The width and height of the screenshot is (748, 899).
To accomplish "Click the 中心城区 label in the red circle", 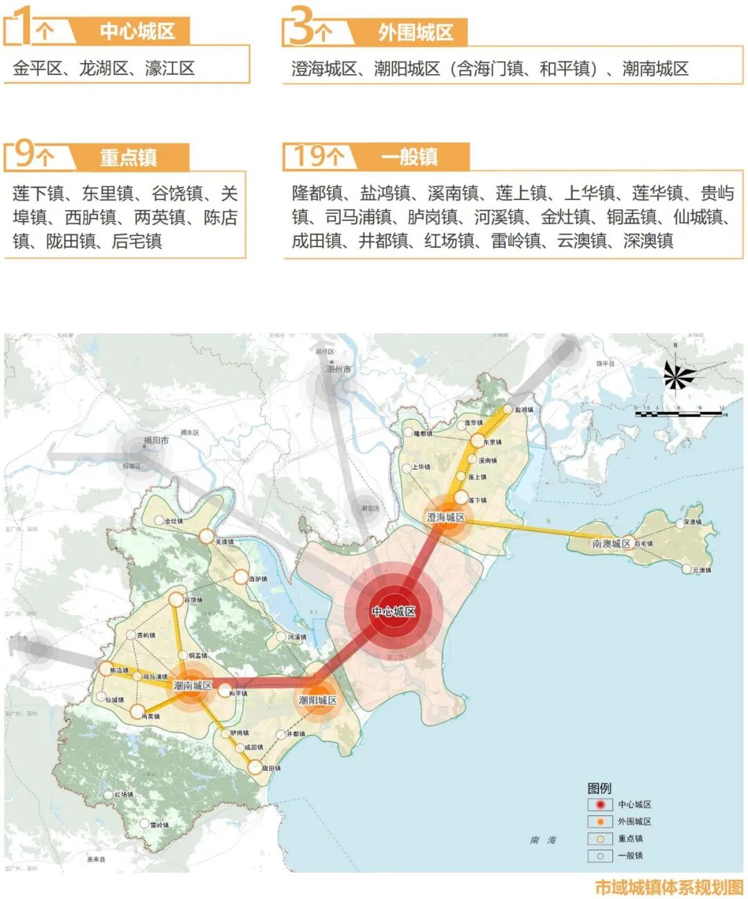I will pyautogui.click(x=393, y=612).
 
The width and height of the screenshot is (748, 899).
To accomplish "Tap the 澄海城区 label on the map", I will pyautogui.click(x=446, y=517).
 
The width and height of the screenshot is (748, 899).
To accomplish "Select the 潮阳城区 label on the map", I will pyautogui.click(x=317, y=700).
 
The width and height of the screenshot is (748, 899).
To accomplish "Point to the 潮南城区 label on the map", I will pyautogui.click(x=192, y=686).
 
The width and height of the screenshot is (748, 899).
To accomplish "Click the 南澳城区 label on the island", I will pyautogui.click(x=611, y=544).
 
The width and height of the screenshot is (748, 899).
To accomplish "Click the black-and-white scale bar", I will pyautogui.click(x=678, y=414).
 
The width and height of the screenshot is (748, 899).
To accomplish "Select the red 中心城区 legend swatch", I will pyautogui.click(x=600, y=805).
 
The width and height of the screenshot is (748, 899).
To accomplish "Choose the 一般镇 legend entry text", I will pyautogui.click(x=630, y=855).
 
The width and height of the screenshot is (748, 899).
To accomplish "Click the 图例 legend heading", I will pyautogui.click(x=599, y=788).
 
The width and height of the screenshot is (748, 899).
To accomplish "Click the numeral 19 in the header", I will pyautogui.click(x=310, y=156).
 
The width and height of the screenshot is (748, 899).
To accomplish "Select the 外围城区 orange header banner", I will pyautogui.click(x=414, y=32).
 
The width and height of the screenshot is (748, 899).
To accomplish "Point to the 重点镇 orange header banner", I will pyautogui.click(x=129, y=157).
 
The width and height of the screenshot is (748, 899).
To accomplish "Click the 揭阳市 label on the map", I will pyautogui.click(x=156, y=440).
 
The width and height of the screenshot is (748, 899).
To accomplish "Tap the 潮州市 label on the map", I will pyautogui.click(x=338, y=369).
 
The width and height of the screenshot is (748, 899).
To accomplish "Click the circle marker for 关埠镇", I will pyautogui.click(x=206, y=535).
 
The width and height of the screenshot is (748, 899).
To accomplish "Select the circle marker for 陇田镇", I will pyautogui.click(x=255, y=767).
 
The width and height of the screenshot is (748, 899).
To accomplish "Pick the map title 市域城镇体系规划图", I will pyautogui.click(x=668, y=887).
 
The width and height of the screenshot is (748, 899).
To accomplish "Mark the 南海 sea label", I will pyautogui.click(x=543, y=840).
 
